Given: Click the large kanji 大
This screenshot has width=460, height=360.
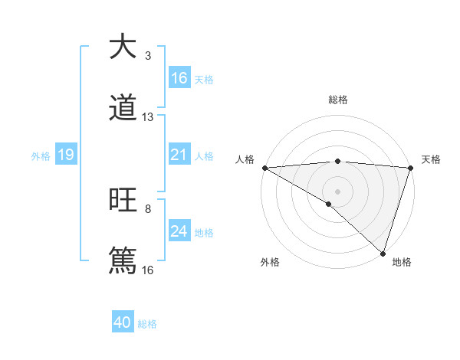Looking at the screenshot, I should (x=123, y=47).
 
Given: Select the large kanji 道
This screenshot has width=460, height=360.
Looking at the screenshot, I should (x=123, y=109).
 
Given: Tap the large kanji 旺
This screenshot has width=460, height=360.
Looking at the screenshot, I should (x=123, y=201).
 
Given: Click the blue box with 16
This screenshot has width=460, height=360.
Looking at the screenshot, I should (x=179, y=78).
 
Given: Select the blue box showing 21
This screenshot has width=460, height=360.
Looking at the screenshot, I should (x=179, y=155).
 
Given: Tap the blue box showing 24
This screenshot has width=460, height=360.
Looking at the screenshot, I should (x=179, y=231).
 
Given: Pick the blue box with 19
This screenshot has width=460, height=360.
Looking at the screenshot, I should (x=66, y=155).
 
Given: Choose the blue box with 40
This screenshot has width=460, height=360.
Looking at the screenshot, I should (x=123, y=323).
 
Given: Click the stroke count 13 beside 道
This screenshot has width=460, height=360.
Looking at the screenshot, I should (x=148, y=117).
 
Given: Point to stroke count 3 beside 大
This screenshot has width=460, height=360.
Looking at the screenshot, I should (x=148, y=56).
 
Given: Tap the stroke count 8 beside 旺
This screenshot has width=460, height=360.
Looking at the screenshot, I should (x=148, y=208).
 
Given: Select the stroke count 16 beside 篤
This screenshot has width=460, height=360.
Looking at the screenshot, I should (x=148, y=270).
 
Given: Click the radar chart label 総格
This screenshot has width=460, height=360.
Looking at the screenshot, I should (x=338, y=100).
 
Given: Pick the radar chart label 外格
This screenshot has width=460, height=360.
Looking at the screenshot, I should (x=270, y=263).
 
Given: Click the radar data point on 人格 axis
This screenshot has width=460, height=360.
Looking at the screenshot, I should (x=264, y=168).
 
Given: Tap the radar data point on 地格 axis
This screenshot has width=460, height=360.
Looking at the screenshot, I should (x=383, y=254).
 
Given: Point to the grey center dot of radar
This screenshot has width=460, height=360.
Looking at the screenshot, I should (x=337, y=191).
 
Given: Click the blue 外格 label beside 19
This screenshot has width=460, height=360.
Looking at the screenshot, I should (x=41, y=156).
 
